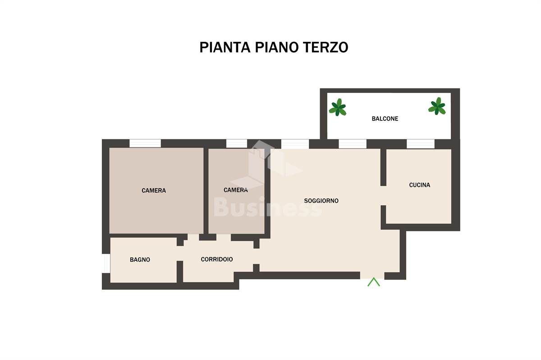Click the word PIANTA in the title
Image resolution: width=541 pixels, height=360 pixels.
tap(225, 47)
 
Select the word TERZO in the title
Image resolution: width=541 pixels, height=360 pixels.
tap(326, 47)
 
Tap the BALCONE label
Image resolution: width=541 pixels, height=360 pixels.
tap(385, 119)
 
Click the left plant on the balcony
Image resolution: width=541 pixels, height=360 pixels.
tap(338, 107)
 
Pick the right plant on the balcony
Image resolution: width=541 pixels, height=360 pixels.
tap(437, 106)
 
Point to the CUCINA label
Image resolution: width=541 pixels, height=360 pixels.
tap(420, 185)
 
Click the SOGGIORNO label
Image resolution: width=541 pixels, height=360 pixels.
tap(321, 201)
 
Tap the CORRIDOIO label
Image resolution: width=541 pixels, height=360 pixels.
tap(217, 259)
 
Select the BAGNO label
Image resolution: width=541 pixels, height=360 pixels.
tap(140, 260)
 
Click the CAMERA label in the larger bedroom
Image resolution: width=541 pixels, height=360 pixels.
tap(154, 191)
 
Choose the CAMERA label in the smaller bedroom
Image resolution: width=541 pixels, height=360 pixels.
tap(236, 190)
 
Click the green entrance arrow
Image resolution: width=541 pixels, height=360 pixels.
tap(374, 282)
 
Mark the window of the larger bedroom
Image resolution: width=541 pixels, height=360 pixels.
tap(145, 143)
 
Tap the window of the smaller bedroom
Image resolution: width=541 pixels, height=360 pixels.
tap(236, 143)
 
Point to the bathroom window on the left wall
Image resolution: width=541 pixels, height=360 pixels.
tap(106, 263)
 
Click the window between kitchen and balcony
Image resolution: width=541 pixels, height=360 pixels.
tap(421, 144)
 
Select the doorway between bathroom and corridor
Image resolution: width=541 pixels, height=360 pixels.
tap(180, 254)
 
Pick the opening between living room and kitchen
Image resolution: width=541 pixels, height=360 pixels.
tap(383, 196)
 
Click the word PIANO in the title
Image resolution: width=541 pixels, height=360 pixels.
tap(276, 47)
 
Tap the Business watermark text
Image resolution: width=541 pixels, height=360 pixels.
tap(268, 207)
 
